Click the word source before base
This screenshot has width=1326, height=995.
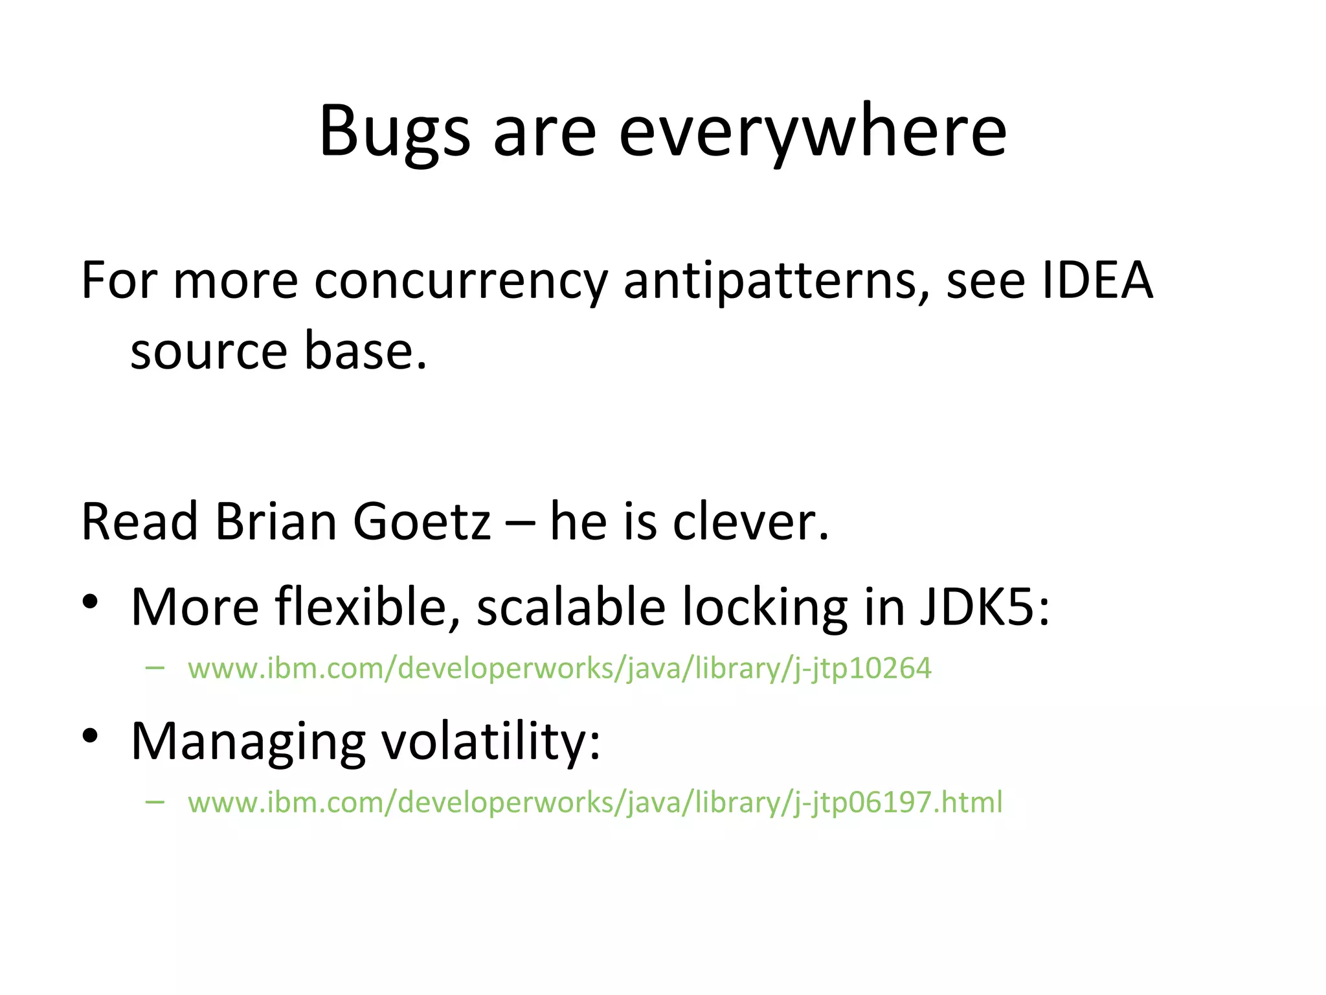coord(208,352)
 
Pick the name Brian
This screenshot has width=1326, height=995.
coord(276,522)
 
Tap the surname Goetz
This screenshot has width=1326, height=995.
coord(421,522)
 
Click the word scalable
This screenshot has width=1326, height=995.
coord(570,608)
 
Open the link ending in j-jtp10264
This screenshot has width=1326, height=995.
coord(559,669)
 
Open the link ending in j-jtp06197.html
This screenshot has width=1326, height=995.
coord(594,803)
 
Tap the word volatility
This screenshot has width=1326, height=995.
coord(490,742)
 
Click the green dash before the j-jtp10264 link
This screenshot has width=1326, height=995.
coord(155,668)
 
